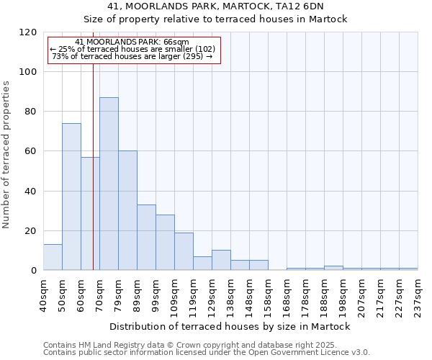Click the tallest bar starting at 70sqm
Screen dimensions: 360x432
pyautogui.click(x=109, y=184)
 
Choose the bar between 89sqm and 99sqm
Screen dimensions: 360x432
pyautogui.click(x=146, y=238)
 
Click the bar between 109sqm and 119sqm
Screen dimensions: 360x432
pyautogui.click(x=184, y=251)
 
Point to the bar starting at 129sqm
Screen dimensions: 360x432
pyautogui.click(x=221, y=261)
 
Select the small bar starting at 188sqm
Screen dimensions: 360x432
pyautogui.click(x=333, y=268)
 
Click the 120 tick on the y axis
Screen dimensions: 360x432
pyautogui.click(x=28, y=32)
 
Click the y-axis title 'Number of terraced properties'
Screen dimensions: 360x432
pyautogui.click(x=6, y=155)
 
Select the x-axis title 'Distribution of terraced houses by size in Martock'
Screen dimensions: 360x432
pyautogui.click(x=230, y=327)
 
